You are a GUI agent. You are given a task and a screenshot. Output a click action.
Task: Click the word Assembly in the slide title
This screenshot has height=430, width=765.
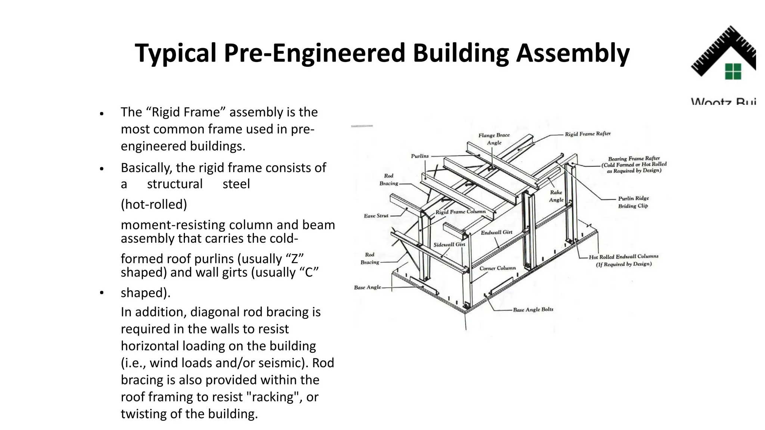[573, 53]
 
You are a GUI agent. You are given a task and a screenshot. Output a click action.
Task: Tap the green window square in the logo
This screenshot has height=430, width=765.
[733, 71]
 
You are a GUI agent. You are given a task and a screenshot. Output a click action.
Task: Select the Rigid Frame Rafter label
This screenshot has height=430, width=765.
[588, 134]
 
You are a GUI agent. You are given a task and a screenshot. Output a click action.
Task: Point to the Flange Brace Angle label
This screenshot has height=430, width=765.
[494, 139]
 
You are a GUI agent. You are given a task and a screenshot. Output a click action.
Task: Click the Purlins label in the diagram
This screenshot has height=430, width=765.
[420, 156]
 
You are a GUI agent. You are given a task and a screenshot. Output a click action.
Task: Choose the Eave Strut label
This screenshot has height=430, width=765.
[376, 216]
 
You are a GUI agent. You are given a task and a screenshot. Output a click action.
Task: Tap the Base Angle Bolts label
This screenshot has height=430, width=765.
[533, 309]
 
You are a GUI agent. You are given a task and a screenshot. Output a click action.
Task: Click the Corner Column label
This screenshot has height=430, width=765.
[498, 268]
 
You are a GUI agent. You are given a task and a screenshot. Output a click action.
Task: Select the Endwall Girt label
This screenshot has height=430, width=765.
[496, 232]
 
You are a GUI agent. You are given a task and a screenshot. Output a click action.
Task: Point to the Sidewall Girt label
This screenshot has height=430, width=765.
[449, 244]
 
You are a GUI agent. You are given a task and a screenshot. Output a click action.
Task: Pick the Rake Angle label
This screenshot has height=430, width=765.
[556, 196]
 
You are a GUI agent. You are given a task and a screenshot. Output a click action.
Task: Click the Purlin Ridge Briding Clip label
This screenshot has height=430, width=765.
[633, 202]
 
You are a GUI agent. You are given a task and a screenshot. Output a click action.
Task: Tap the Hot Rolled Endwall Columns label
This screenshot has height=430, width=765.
[623, 260]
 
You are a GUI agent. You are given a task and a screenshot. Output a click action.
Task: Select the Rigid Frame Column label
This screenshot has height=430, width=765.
[461, 212]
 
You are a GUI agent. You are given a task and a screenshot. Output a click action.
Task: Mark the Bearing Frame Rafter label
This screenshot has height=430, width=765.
[634, 164]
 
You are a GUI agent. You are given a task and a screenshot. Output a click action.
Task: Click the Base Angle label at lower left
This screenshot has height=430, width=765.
[368, 287]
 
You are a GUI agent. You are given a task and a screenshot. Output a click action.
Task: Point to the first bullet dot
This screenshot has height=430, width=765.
[101, 113]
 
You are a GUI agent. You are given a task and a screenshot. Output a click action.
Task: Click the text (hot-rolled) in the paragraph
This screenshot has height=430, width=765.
[154, 204]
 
